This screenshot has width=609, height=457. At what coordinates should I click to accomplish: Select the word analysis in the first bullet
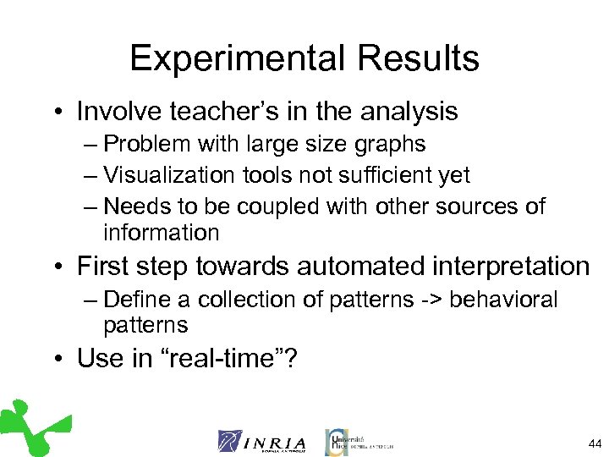(x=402, y=112)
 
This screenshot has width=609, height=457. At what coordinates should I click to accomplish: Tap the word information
(x=161, y=232)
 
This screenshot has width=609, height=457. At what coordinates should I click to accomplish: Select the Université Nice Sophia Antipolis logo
(x=358, y=441)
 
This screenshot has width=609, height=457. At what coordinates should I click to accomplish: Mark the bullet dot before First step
(x=57, y=268)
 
